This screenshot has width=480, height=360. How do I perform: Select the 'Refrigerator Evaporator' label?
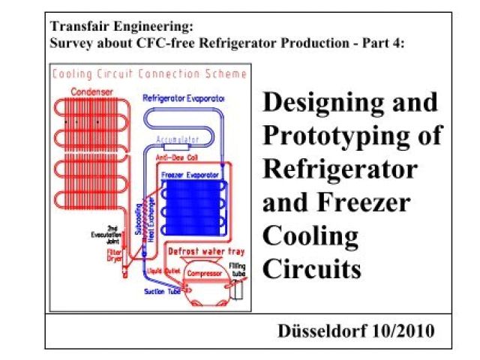click(x=184, y=97)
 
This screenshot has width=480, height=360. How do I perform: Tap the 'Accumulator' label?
click(x=178, y=139)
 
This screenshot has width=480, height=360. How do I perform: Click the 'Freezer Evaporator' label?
click(x=190, y=174)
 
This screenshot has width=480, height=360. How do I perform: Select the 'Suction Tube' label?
click(x=160, y=293)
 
